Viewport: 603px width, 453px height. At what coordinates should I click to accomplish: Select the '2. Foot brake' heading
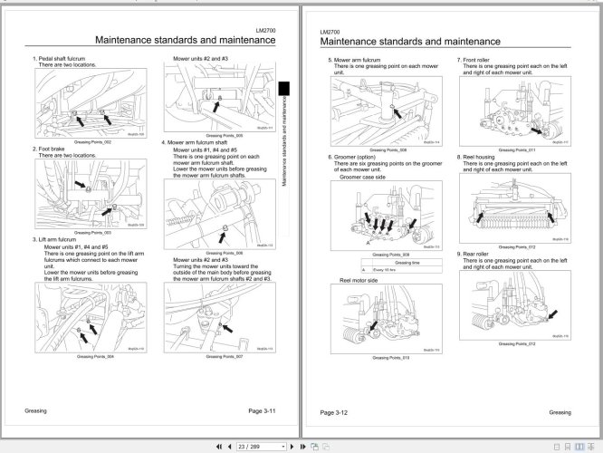(x=53, y=149)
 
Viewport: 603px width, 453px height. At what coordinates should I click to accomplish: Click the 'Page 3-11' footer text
(x=248, y=412)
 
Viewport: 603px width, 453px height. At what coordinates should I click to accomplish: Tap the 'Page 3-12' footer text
(x=340, y=412)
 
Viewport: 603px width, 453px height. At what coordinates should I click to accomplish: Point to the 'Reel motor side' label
(x=359, y=282)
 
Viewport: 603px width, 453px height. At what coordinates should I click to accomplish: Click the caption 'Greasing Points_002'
(x=92, y=142)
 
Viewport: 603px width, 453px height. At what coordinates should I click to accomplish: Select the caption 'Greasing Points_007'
(x=221, y=356)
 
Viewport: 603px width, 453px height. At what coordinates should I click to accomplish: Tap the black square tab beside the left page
(x=283, y=87)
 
